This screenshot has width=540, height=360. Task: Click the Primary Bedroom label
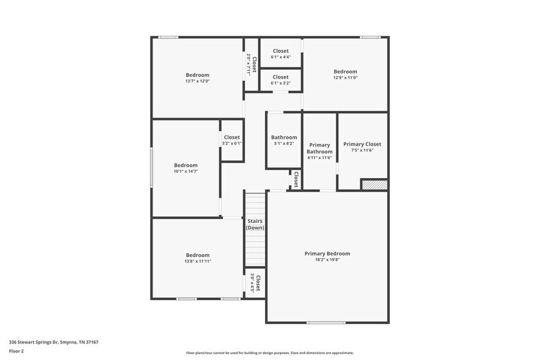(x=327, y=253)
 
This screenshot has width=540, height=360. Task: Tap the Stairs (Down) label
(x=255, y=224)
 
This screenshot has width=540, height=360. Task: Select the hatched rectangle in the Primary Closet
(x=374, y=184)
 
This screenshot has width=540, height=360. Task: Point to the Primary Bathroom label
(x=320, y=148)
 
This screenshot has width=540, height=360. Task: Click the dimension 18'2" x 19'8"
(x=327, y=260)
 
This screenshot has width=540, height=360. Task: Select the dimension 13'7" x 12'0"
(x=197, y=81)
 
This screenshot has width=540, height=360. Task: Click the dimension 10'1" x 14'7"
(x=186, y=171)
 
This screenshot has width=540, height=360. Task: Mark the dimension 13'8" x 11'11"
(x=198, y=261)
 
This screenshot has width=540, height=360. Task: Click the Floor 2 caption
(x=17, y=351)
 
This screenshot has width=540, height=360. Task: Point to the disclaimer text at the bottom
(x=269, y=353)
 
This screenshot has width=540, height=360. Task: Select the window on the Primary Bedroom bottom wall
(x=326, y=323)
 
